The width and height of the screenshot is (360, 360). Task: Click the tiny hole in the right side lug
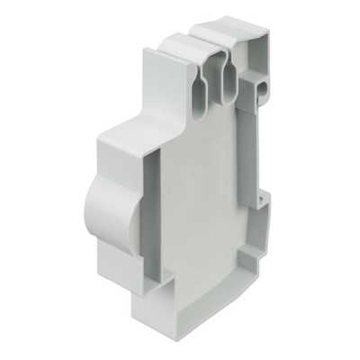click(262, 195)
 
